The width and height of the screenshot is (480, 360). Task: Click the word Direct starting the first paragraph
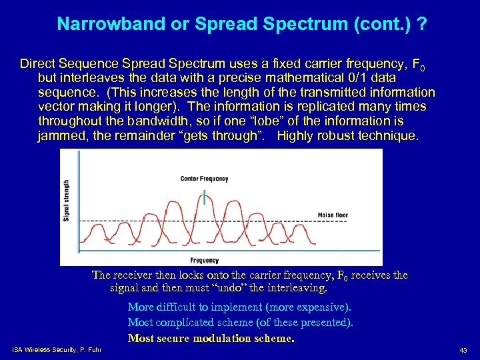click(38, 65)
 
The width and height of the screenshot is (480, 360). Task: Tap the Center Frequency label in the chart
click(204, 179)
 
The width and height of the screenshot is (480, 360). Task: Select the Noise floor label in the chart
click(333, 215)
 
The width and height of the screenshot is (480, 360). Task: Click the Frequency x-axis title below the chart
click(204, 260)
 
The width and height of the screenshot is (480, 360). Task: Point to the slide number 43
click(463, 351)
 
